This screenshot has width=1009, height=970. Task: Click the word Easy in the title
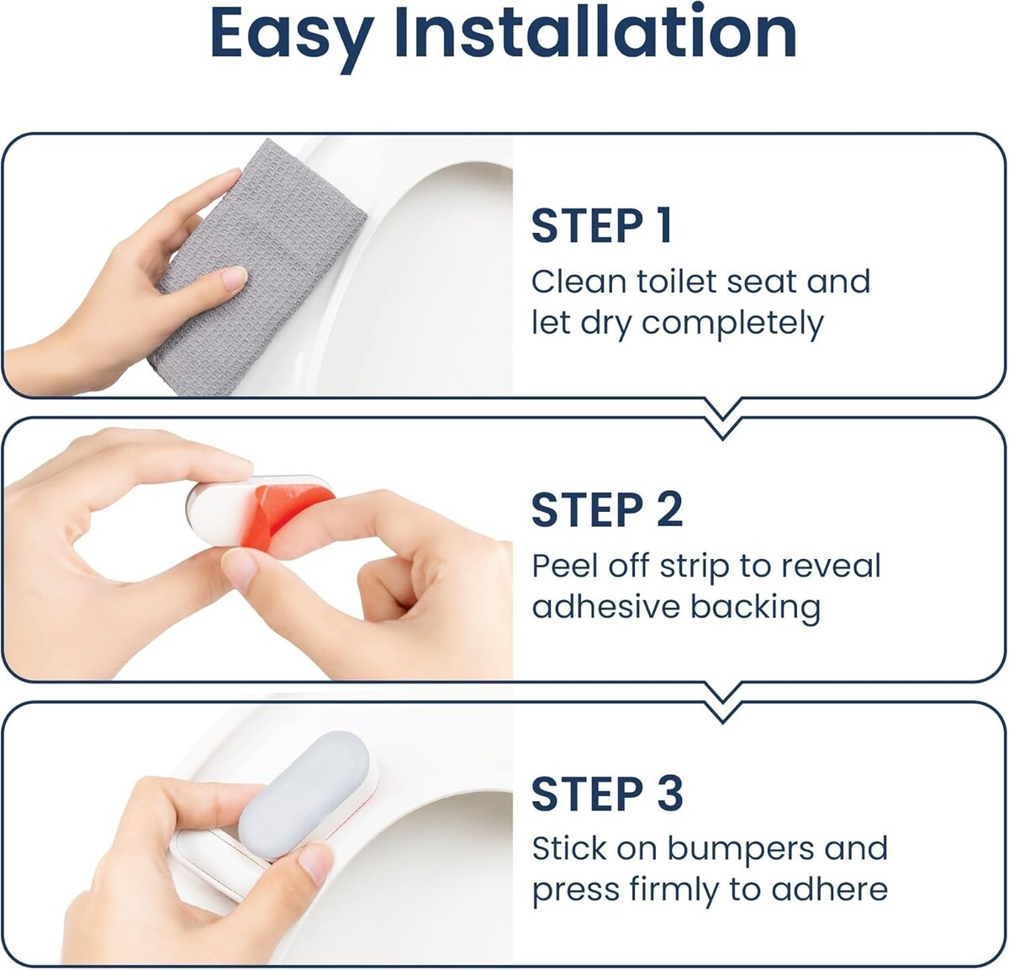click(292, 36)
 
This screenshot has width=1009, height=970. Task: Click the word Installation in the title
click(595, 31)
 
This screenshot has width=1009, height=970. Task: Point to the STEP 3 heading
click(607, 793)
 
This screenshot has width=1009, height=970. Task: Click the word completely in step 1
click(732, 324)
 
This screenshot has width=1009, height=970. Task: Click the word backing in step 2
click(755, 608)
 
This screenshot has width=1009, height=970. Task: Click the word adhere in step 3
click(830, 890)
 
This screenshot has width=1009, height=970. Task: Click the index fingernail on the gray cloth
click(234, 278)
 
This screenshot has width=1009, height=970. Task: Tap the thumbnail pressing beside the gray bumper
click(315, 863)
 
